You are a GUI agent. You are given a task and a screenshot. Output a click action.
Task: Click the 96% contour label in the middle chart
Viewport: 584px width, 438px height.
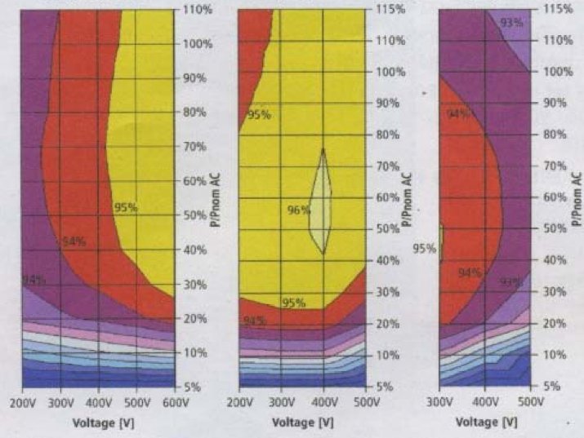(x=298, y=210)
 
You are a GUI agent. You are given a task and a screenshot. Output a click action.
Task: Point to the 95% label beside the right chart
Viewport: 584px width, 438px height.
(x=423, y=248)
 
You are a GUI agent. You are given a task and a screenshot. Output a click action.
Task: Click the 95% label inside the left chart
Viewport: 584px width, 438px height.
(x=125, y=208)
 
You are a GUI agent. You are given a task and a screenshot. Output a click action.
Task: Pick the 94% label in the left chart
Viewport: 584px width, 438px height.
(x=74, y=241)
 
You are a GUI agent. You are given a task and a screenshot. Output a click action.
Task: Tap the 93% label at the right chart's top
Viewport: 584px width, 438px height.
(x=511, y=22)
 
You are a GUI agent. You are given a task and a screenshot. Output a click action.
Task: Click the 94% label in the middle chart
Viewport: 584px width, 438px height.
(x=253, y=321)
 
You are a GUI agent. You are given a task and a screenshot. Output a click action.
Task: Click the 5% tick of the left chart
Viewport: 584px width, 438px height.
(x=191, y=387)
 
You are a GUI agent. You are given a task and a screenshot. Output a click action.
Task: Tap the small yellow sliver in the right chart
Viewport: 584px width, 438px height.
(x=442, y=242)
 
